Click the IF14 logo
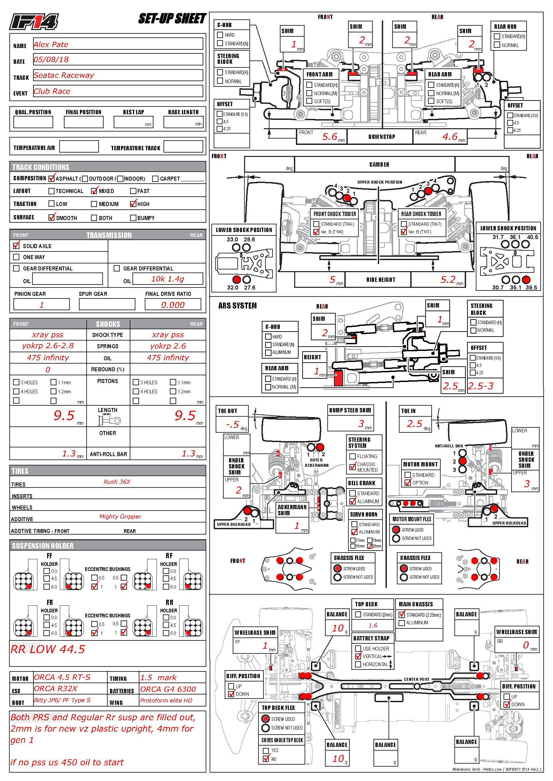click(34, 22)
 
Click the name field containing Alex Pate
click(51, 44)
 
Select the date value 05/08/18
click(51, 60)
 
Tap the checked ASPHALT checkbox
click(51, 178)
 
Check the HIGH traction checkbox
click(133, 204)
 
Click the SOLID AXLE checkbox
click(16, 245)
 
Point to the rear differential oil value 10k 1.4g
click(168, 279)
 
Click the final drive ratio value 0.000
click(173, 305)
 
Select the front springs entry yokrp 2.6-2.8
click(48, 346)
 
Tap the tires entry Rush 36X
click(117, 482)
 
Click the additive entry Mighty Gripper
click(120, 516)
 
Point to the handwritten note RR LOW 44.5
click(48, 649)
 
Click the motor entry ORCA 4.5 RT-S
click(62, 677)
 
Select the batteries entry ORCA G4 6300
click(168, 689)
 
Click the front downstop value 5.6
click(329, 137)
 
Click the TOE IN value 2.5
click(414, 424)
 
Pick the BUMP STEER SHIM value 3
click(361, 424)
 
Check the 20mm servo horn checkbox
click(370, 546)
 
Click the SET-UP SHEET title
click(172, 19)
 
